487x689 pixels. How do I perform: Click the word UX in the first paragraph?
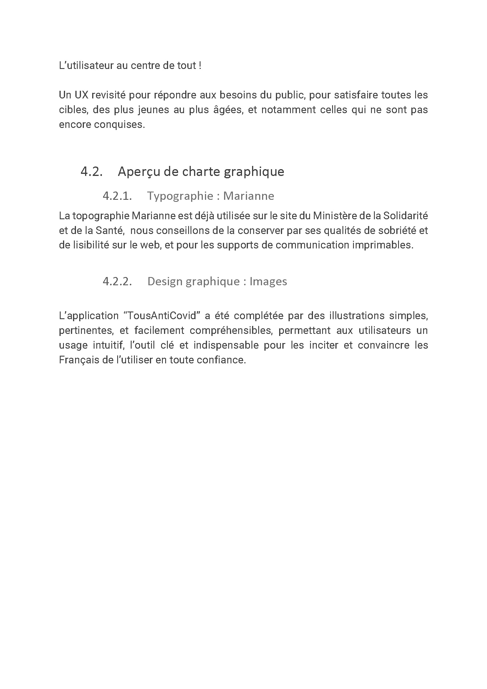pos(81,95)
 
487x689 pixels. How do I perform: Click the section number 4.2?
pos(92,172)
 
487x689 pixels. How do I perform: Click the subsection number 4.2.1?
pos(117,196)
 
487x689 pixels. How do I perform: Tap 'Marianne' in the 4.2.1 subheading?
pos(249,196)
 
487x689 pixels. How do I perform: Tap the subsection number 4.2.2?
pos(117,281)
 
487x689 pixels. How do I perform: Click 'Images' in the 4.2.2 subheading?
pos(268,281)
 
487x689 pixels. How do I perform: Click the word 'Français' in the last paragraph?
pos(79,360)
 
